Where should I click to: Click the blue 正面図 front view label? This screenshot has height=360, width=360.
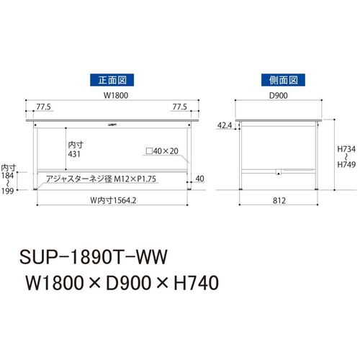click(112, 80)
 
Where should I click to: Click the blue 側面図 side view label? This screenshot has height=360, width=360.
click(283, 80)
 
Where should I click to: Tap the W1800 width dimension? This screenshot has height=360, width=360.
click(116, 95)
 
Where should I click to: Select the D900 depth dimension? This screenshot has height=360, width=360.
click(279, 96)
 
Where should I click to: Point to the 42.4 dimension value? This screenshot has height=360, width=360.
click(225, 125)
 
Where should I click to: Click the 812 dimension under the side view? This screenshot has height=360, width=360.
click(279, 201)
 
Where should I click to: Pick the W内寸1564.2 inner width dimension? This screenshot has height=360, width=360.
click(113, 200)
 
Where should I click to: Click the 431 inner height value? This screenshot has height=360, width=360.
click(74, 154)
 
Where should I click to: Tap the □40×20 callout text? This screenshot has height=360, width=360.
click(162, 151)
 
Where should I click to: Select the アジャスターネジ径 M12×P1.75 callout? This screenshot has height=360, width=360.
click(101, 179)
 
